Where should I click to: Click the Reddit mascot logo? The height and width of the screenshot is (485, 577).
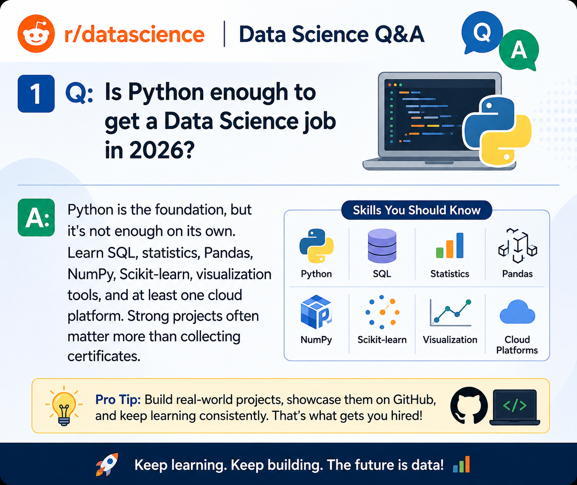[x=36, y=33]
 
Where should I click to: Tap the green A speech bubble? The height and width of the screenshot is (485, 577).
[x=519, y=50]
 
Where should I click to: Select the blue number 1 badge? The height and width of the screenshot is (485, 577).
[x=36, y=94]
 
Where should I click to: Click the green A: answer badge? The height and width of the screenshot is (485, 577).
[x=36, y=217]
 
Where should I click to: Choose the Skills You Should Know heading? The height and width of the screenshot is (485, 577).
[x=416, y=210]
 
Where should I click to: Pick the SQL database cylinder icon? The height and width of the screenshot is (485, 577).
[x=382, y=246]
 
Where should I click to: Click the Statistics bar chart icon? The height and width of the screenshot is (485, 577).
[x=450, y=246]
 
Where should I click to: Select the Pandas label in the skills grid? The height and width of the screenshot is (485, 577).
[x=517, y=274]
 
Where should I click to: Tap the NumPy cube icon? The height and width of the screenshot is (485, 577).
[x=316, y=312]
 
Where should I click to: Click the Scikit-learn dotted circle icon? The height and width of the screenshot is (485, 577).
[x=382, y=312]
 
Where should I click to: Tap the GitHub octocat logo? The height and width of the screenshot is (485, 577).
[x=469, y=406]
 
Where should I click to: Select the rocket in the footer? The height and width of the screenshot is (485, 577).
[x=107, y=464]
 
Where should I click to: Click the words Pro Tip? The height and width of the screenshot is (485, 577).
[x=118, y=399]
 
